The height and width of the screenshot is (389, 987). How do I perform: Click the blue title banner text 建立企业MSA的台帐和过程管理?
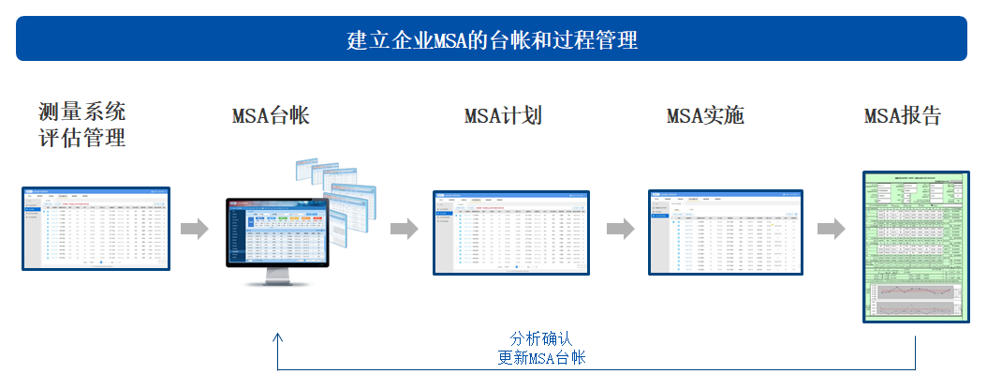tap(492, 40)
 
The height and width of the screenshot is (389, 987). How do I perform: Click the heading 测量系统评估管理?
tap(82, 126)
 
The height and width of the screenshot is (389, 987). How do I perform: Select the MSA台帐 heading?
tap(271, 116)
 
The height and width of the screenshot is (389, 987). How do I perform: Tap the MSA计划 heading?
tap(503, 116)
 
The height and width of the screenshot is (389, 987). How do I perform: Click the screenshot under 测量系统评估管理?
tap(96, 229)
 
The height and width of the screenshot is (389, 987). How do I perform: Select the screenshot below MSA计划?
tap(511, 232)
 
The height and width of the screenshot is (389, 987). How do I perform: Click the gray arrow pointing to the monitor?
tap(195, 230)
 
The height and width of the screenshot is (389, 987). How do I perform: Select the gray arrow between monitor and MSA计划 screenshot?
tap(404, 230)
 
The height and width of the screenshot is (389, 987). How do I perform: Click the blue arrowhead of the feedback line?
tap(278, 337)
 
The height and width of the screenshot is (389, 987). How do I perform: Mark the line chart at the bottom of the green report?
tap(914, 299)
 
